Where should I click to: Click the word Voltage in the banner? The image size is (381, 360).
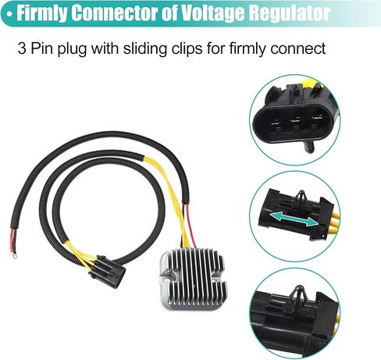pos(213,13)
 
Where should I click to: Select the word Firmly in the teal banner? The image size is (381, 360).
pos(42,13)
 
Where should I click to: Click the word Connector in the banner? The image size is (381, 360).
pos(115,13)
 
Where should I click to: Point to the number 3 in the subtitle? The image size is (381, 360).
pos(22,48)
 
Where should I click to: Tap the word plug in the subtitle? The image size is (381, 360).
pos(72,49)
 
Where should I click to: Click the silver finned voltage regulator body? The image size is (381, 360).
pos(193,279)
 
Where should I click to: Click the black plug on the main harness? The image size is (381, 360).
pos(107,271)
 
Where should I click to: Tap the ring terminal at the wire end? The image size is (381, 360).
pos(13,257)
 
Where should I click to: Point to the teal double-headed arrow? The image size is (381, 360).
pos(294,218)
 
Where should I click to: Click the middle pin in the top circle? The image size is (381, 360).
pos(295,120)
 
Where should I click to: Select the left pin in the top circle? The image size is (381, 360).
pos(275,122)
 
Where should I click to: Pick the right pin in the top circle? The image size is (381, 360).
pos(317,119)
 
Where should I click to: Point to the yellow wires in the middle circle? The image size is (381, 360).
pos(336,222)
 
